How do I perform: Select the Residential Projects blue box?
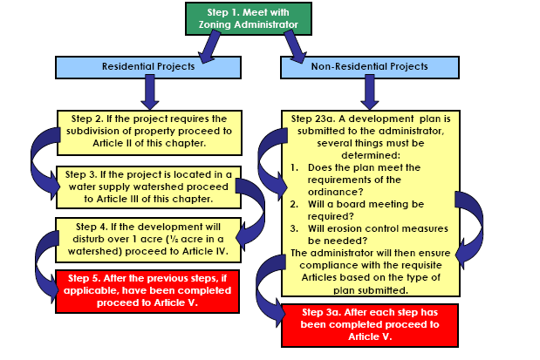[x=141, y=66]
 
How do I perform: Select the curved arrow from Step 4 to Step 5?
[x=40, y=262]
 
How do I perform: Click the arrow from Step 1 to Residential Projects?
[x=209, y=52]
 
